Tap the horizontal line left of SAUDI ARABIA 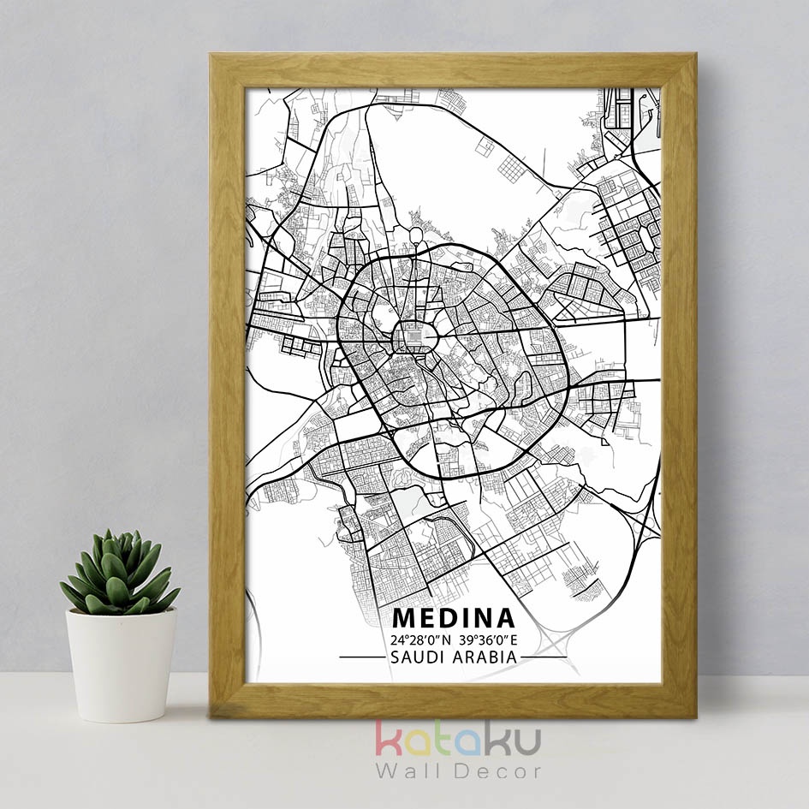click(x=361, y=657)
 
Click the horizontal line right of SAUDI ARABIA click(x=544, y=657)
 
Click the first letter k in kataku click(x=388, y=739)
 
